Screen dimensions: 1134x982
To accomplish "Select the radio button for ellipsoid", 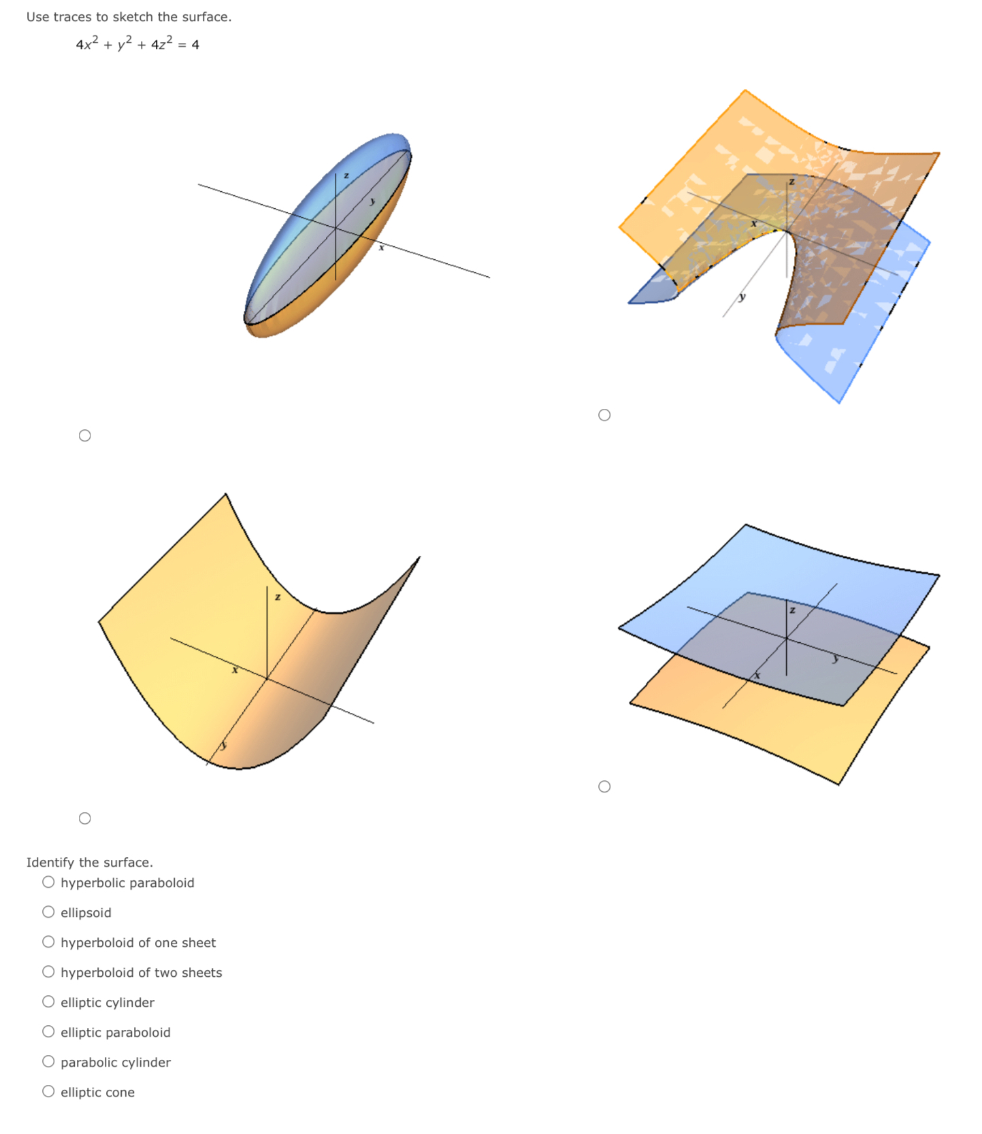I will (48, 912).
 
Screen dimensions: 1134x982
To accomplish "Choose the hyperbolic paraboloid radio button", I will (48, 882).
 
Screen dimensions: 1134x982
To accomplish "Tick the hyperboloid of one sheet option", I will (48, 942).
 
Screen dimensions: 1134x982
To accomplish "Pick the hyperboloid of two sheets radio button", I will (48, 972).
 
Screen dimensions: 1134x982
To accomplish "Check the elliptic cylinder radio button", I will (48, 1002).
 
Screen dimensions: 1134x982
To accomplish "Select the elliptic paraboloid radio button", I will (48, 1032).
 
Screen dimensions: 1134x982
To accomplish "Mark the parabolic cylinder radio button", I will (48, 1062).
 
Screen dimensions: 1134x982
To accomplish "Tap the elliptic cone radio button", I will (48, 1092).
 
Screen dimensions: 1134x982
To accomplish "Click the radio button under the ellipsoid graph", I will (84, 435).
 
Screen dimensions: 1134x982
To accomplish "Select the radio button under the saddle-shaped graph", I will (604, 415).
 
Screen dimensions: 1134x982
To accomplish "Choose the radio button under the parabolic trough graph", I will (84, 818).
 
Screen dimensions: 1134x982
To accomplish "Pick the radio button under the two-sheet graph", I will (604, 786).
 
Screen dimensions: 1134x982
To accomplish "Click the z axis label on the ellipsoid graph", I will (346, 176).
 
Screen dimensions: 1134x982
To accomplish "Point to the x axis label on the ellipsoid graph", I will (381, 248).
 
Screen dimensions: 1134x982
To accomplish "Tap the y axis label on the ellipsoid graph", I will (372, 201).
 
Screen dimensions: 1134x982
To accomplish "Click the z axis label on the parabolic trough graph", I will (277, 597).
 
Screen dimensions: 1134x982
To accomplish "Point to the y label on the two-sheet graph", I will (835, 658).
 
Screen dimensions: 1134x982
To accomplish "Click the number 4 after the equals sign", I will (195, 45).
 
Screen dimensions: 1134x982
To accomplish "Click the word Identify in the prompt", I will (50, 863).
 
